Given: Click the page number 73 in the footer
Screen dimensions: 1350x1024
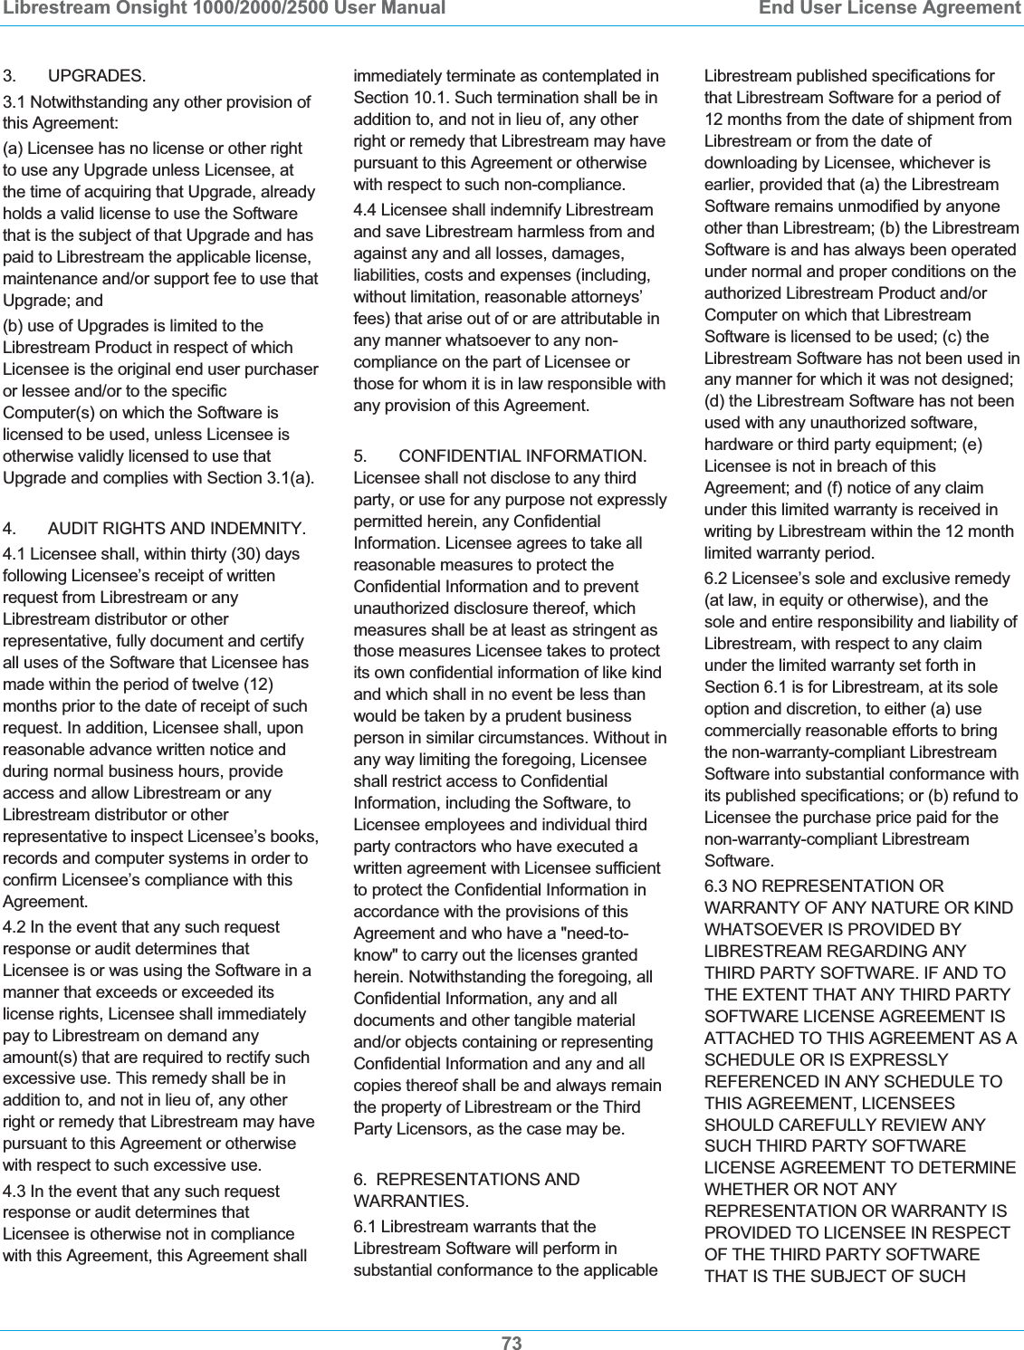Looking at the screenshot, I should tap(512, 1343).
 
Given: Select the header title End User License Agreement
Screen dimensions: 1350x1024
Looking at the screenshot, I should tap(889, 9).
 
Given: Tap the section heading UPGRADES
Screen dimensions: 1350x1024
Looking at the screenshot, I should tap(96, 76).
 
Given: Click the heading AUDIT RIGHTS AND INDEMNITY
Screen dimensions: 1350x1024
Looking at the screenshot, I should tap(177, 529).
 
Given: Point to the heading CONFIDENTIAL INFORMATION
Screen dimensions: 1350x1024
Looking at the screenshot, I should tap(522, 456).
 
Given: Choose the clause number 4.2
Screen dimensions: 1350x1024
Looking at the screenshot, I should tap(14, 927).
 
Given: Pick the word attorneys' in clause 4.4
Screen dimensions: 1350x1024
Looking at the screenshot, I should tap(607, 297).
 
